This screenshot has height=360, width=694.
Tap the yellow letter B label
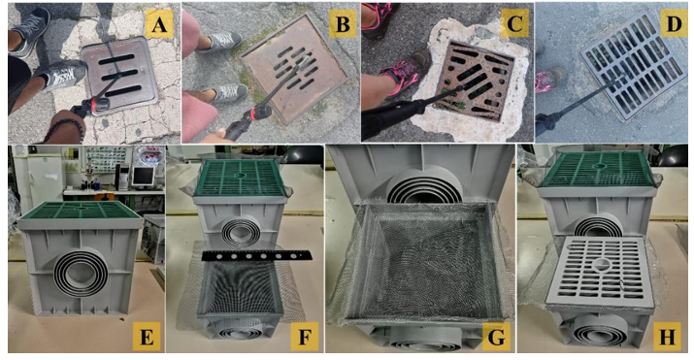342,24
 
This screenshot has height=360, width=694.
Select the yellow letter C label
514,22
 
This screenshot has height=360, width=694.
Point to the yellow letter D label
674,23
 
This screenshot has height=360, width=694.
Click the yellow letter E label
147,338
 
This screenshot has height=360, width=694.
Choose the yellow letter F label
305,338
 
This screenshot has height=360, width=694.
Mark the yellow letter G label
496,338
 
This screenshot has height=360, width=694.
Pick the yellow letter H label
667,338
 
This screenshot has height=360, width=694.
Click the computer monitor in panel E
143,176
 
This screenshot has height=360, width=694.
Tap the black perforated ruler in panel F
256,255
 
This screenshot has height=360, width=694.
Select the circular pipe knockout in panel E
81,271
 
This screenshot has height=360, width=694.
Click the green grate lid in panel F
240,179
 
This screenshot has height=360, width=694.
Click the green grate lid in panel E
80,211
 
